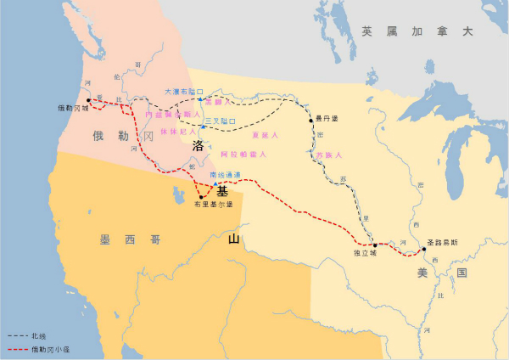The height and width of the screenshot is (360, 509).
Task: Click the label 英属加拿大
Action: (416, 31)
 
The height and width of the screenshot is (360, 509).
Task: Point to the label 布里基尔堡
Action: (211, 205)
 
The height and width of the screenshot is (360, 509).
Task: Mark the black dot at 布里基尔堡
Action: (201, 196)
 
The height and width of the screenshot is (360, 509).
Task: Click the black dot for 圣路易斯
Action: (424, 250)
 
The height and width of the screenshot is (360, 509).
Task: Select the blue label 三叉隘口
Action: (220, 121)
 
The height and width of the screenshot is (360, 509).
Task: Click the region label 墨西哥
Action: (129, 240)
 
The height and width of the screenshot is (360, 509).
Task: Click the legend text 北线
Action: (39, 336)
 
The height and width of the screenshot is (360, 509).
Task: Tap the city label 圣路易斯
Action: (441, 241)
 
